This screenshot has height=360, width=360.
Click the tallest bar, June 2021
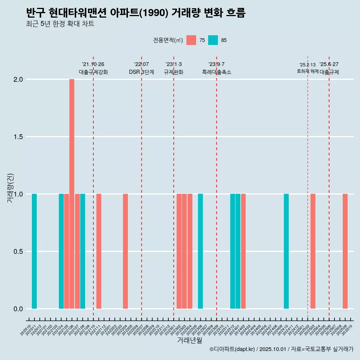[72, 194]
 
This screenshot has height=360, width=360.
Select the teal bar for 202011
[34, 251]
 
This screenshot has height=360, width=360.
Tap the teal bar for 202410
[286, 251]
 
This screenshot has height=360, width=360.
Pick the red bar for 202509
[345, 251]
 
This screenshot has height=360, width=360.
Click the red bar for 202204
[125, 251]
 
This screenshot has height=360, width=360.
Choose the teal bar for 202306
[200, 251]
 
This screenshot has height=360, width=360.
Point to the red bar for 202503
[313, 251]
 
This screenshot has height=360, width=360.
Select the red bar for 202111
[99, 251]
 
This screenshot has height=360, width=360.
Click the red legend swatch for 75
[191, 40]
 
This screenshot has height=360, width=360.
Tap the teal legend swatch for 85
[213, 40]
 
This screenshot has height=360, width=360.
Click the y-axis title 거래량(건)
[10, 188]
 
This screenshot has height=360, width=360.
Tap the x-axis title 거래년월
[189, 340]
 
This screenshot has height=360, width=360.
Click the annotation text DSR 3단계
[141, 72]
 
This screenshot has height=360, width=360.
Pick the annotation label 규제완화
[173, 72]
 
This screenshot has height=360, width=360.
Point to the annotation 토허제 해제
[307, 71]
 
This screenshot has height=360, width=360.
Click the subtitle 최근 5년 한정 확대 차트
[60, 24]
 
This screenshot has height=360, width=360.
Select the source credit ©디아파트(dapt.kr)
[232, 349]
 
